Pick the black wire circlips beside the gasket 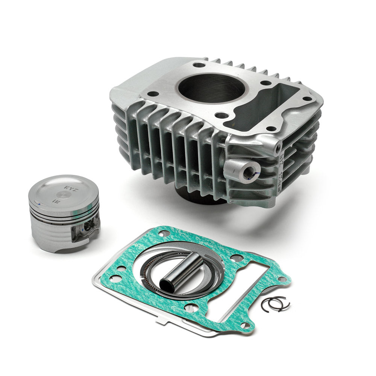pos(275,303)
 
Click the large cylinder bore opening pos(211,88)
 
